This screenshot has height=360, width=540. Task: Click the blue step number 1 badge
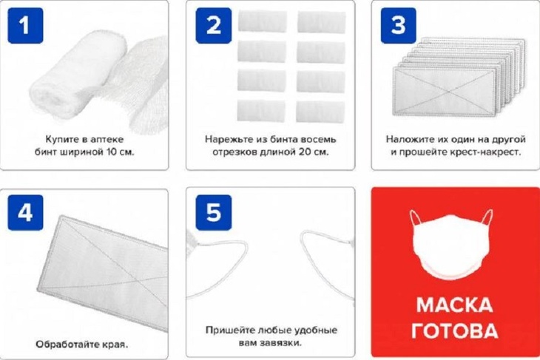(25, 25)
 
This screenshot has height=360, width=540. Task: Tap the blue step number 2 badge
(213, 25)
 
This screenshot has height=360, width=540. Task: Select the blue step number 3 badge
(398, 25)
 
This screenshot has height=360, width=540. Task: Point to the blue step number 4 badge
(25, 212)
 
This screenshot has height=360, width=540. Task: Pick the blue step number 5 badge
(214, 212)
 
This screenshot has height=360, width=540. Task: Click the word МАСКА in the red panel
(454, 305)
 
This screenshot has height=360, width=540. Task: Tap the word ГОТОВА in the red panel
(455, 330)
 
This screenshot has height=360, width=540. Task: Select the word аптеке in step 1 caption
(107, 140)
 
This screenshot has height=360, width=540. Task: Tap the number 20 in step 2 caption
(304, 152)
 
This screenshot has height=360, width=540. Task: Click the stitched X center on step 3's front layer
(445, 91)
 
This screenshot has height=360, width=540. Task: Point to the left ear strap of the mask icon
(416, 218)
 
